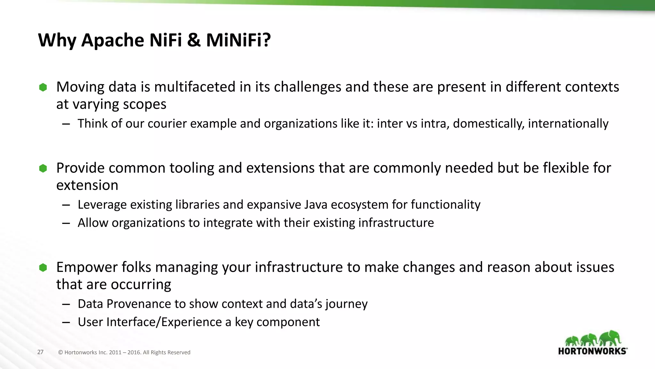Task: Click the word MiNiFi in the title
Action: (238, 40)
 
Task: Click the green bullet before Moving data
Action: (43, 87)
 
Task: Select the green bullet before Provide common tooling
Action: (43, 168)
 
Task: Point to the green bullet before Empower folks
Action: (43, 267)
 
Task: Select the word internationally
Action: (568, 124)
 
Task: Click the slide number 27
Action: (40, 352)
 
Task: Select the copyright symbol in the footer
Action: (60, 353)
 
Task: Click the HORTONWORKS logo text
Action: (592, 351)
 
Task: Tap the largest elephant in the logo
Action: (610, 338)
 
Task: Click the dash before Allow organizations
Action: (66, 223)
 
